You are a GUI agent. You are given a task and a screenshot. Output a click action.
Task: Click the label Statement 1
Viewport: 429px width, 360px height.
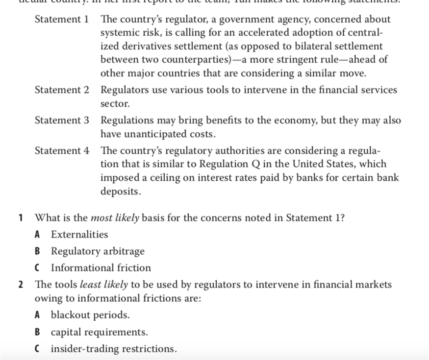tap(62, 20)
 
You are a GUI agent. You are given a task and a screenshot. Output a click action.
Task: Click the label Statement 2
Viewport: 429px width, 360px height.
tap(62, 90)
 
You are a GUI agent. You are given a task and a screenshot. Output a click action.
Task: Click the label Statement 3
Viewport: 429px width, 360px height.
tap(62, 120)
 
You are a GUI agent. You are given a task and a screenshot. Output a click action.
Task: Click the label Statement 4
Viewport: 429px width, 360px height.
tap(62, 151)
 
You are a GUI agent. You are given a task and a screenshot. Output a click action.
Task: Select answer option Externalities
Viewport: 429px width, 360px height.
tap(79, 235)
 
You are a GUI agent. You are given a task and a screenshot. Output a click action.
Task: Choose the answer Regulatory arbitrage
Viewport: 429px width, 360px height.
tap(98, 251)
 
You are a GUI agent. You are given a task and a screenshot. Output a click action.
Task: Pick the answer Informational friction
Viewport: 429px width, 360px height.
tap(101, 268)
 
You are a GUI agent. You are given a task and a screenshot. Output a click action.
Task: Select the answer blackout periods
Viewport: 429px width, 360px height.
tap(90, 315)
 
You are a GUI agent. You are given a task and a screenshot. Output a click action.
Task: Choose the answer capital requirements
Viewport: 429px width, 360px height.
tap(99, 332)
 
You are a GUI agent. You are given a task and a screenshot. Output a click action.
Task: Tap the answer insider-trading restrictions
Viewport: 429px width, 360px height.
tap(114, 349)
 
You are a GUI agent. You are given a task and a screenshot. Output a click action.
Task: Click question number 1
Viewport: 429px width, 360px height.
tap(21, 218)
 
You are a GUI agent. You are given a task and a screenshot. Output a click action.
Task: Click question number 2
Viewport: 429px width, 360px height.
tap(21, 285)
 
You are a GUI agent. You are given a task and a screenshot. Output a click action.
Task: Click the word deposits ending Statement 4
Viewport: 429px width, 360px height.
tap(121, 192)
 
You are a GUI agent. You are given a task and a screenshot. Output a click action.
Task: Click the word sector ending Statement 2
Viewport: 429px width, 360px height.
tap(115, 104)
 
